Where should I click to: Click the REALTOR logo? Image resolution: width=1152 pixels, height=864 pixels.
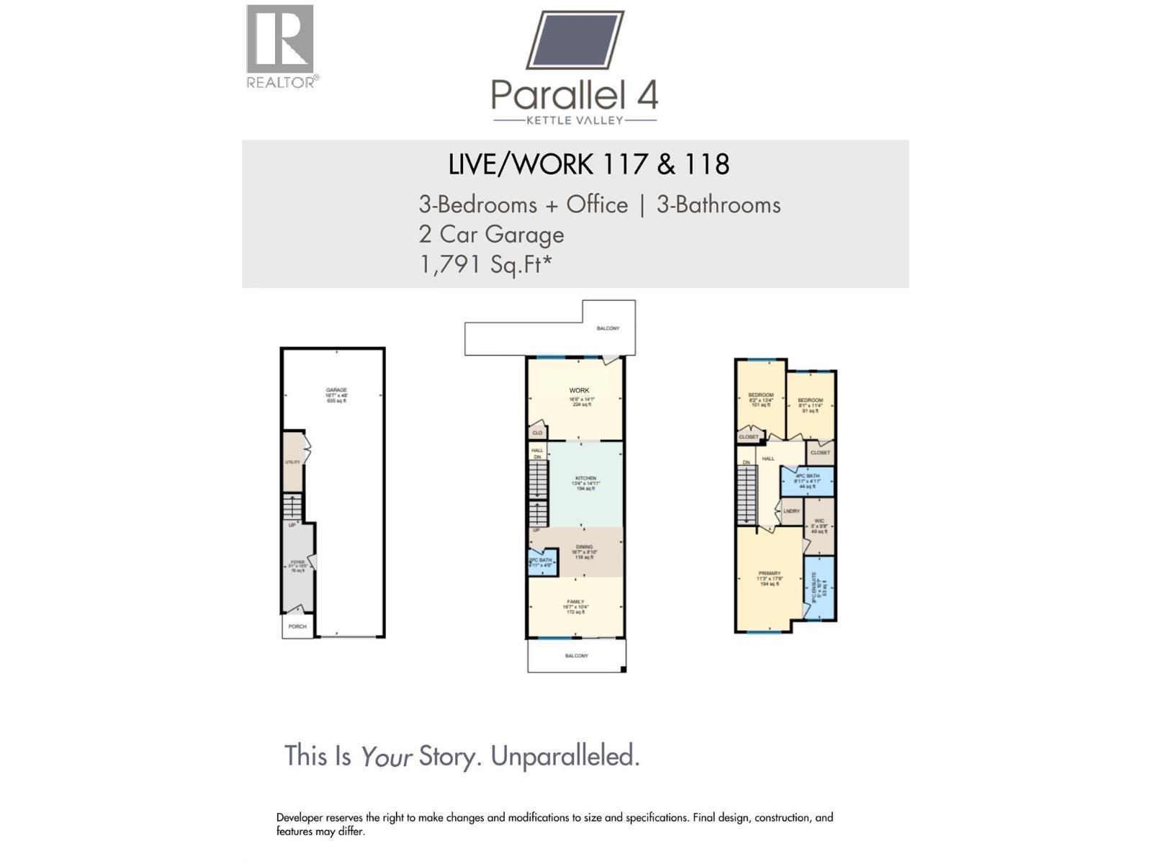point(280,45)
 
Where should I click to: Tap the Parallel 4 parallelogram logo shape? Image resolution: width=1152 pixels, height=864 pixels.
point(575,40)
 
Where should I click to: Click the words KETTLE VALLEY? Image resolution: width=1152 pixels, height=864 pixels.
point(575,120)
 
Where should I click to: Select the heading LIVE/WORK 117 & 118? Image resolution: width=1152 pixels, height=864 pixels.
point(588,164)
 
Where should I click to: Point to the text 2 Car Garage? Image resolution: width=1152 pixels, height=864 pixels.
point(491,235)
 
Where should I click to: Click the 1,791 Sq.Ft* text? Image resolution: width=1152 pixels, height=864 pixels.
point(485,264)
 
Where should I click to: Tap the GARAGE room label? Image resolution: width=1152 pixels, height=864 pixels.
point(336,390)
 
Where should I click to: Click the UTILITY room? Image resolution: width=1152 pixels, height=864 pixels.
point(292,462)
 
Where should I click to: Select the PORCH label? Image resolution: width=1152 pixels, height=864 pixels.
point(297,626)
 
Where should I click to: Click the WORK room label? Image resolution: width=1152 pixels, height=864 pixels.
point(579,391)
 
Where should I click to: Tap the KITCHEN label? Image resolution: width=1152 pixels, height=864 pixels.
point(585,479)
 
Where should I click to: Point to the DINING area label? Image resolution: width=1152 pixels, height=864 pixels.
point(584,547)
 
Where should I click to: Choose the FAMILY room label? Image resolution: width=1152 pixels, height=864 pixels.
point(575,602)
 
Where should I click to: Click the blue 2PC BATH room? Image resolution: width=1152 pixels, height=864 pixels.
point(541,562)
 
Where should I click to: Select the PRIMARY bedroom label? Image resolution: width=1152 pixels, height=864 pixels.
point(769,574)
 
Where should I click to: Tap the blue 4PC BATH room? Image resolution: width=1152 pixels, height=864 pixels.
point(807,480)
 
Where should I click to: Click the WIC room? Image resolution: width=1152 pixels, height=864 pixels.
point(819,525)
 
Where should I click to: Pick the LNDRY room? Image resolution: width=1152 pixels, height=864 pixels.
point(791,511)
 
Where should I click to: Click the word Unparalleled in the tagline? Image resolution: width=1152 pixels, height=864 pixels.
point(564,756)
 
